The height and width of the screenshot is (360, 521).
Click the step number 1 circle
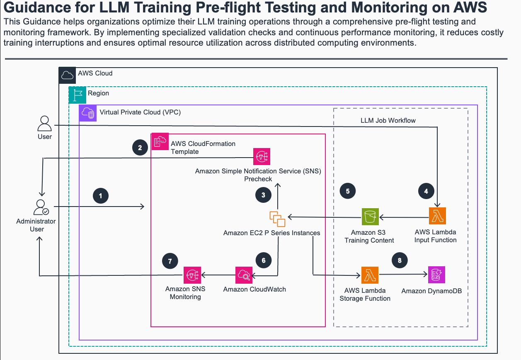pyautogui.click(x=100, y=195)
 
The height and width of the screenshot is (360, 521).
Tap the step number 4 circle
pyautogui.click(x=426, y=191)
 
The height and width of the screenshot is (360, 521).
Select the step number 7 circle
pyautogui.click(x=170, y=261)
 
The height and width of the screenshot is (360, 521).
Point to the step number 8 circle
pyautogui.click(x=400, y=260)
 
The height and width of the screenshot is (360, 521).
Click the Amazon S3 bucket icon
pyautogui.click(x=370, y=216)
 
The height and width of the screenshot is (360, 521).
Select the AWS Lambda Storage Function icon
pyautogui.click(x=370, y=275)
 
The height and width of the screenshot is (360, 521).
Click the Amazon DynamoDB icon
pyautogui.click(x=436, y=275)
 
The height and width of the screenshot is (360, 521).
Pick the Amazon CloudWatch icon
pyautogui.click(x=244, y=275)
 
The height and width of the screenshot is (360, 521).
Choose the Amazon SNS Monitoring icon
pyautogui.click(x=192, y=275)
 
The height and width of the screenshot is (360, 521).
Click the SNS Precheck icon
pyautogui.click(x=262, y=156)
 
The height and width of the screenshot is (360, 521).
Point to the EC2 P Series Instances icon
pyautogui.click(x=277, y=218)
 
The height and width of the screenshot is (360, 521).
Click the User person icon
pyautogui.click(x=44, y=124)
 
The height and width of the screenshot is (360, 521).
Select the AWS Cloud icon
pyautogui.click(x=67, y=75)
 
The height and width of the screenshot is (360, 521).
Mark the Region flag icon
pyautogui.click(x=77, y=95)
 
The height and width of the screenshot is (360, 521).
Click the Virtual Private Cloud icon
pyautogui.click(x=87, y=113)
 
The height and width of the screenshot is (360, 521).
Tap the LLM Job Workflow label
pyautogui.click(x=388, y=121)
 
